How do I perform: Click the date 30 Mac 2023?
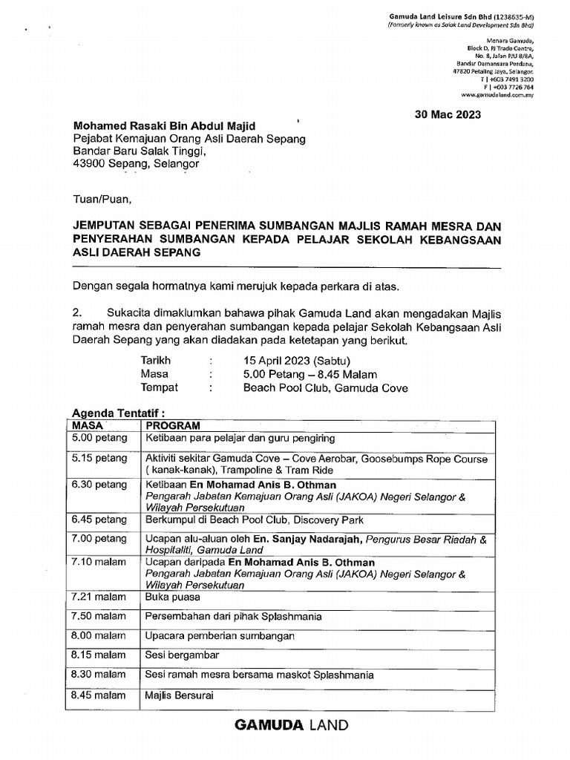(x=447, y=114)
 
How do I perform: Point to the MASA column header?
(x=88, y=425)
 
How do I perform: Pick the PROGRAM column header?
(x=173, y=425)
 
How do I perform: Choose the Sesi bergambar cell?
(x=182, y=655)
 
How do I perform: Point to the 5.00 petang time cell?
(x=99, y=439)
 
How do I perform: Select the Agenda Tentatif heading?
(x=116, y=413)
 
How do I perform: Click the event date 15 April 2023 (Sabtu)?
(x=301, y=361)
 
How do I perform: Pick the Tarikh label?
(x=156, y=361)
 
